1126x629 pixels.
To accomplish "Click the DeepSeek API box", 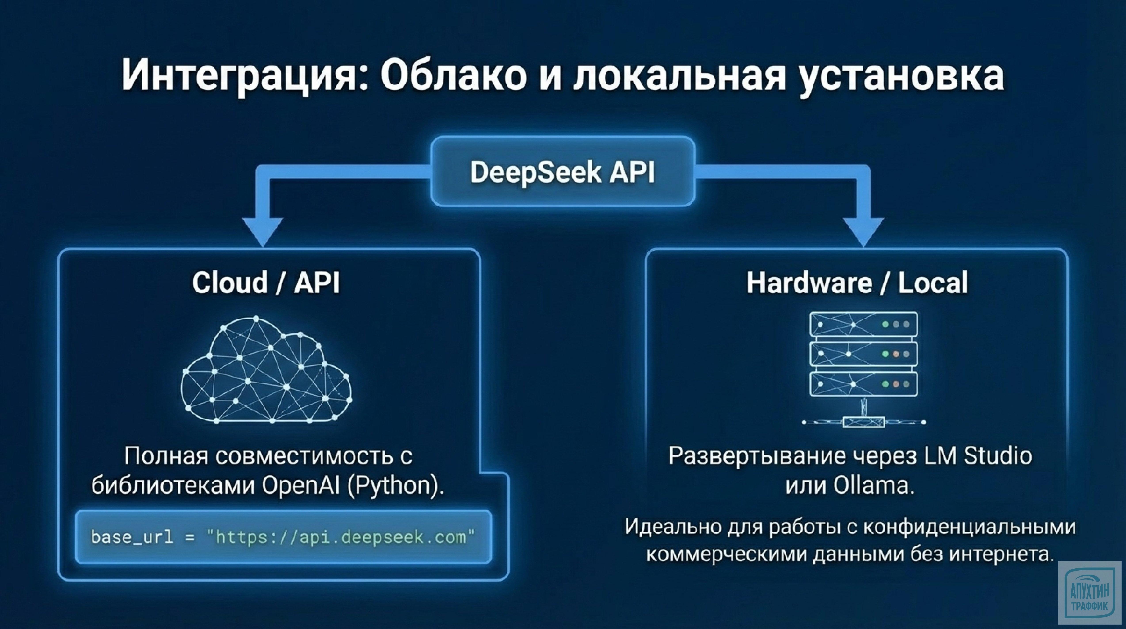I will [x=563, y=171].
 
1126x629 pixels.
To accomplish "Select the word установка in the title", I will [x=900, y=75].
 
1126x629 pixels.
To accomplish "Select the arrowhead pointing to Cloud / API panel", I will [x=263, y=232].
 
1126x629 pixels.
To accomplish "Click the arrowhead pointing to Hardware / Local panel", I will [x=863, y=232].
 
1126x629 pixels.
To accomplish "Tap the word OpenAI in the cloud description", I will [x=301, y=485].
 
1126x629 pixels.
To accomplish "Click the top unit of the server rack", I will [x=863, y=324].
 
